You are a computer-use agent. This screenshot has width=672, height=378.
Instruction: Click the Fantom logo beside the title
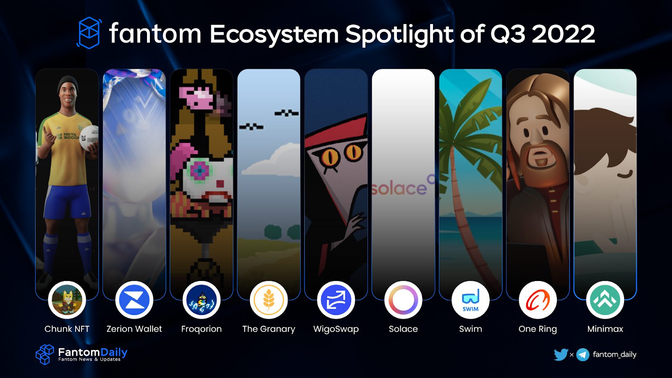click(89, 33)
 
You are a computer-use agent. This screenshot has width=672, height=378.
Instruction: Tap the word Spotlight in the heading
click(399, 34)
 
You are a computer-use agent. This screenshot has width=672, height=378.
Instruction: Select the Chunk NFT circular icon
click(67, 300)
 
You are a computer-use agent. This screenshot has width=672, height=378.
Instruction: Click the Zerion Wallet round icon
click(134, 300)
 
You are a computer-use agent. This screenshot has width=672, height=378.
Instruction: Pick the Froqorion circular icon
click(201, 300)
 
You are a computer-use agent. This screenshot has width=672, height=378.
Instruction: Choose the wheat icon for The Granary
click(268, 300)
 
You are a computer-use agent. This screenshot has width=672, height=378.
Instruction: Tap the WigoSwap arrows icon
click(336, 300)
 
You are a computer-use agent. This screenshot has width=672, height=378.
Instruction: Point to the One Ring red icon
click(538, 300)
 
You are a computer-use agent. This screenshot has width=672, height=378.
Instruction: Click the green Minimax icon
click(605, 300)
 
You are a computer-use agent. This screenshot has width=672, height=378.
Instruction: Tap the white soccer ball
click(89, 138)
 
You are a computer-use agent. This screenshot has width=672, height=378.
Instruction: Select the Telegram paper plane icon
click(583, 355)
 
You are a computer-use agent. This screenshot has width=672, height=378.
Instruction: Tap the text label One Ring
click(538, 329)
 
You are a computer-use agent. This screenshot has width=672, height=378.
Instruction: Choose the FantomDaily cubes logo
click(45, 354)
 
